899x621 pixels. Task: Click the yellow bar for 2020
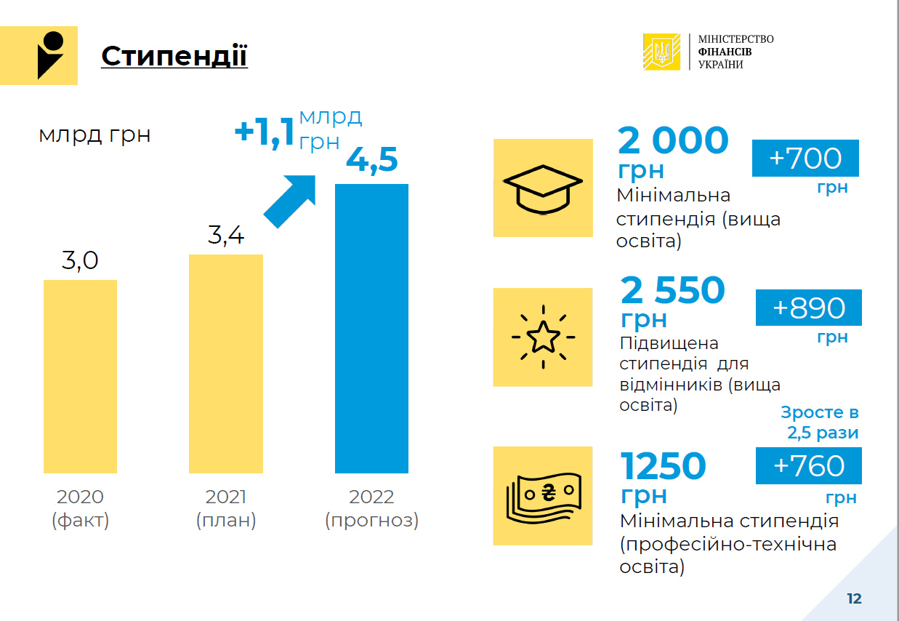[x=80, y=377]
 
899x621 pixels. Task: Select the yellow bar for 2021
[x=226, y=364]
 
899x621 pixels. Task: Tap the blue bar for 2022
[x=371, y=329]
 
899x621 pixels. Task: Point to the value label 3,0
[x=80, y=260]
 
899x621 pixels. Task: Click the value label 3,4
[x=226, y=235]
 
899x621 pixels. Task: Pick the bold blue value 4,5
[x=372, y=160]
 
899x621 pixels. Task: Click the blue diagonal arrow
[x=290, y=201]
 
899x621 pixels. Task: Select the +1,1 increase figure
[x=265, y=132]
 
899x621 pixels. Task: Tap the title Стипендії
[x=174, y=56]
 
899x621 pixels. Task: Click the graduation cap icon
[x=543, y=189]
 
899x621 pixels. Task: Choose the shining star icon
[x=543, y=337]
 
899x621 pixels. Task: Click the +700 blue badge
[x=805, y=158]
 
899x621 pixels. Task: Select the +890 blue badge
[x=809, y=308]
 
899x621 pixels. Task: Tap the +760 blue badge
[x=809, y=465]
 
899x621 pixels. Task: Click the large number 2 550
[x=673, y=289]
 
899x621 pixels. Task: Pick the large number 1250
[x=664, y=466]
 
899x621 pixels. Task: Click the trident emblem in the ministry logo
[x=662, y=52]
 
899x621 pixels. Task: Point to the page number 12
[x=855, y=599]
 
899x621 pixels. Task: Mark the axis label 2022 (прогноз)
[x=371, y=508]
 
